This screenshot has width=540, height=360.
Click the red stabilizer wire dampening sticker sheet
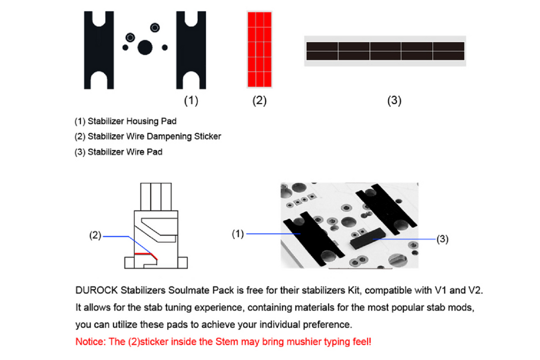point(259,49)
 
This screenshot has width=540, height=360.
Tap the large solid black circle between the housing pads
point(145,47)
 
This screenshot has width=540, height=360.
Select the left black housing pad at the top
point(99,50)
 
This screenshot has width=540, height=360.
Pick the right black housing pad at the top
point(191,50)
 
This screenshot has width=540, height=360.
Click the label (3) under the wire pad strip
point(394,101)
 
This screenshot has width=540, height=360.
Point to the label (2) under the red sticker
point(259,101)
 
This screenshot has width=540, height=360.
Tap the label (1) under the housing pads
point(191,101)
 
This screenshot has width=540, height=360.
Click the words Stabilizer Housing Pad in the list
point(132,121)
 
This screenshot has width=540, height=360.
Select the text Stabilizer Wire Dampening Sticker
point(154,136)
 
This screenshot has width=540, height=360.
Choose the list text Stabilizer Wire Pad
point(125,152)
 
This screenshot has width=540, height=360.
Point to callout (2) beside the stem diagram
point(95,236)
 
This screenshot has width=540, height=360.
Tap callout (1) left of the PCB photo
point(238,235)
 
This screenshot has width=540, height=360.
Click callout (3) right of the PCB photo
point(442,239)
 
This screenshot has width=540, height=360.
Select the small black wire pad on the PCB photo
point(367,238)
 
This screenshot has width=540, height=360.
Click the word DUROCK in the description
point(97,291)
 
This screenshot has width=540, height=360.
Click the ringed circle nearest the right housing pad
point(155,27)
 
